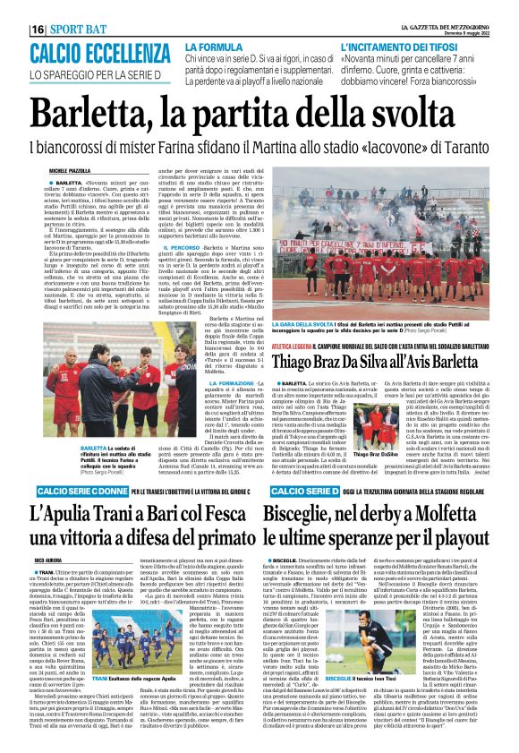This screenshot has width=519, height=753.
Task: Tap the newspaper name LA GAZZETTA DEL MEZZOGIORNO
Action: coord(439,7)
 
